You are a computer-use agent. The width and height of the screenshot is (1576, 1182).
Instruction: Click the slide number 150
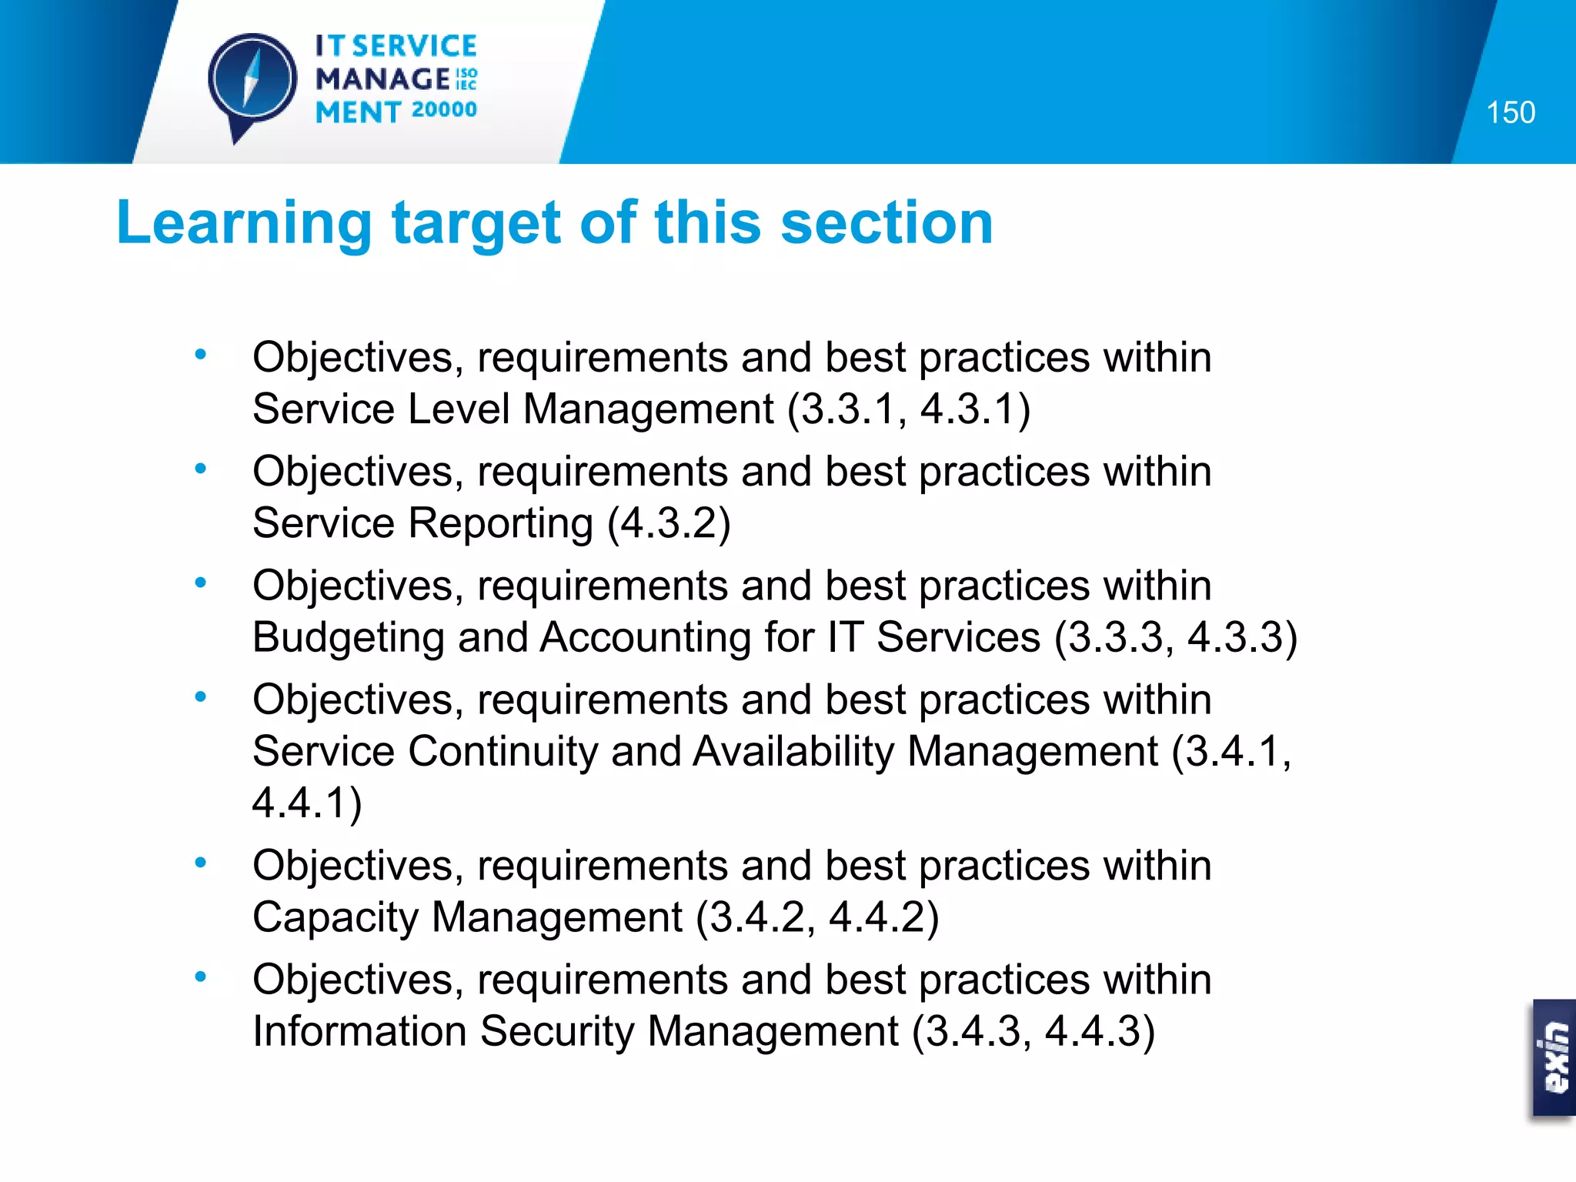(1510, 113)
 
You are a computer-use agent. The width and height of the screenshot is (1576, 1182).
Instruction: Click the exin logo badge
(1554, 1057)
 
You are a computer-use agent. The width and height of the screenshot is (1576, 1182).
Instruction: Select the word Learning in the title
(244, 223)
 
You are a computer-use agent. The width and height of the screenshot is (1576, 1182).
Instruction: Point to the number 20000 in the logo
(444, 110)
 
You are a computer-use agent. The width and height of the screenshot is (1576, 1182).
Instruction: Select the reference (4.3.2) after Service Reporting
(669, 523)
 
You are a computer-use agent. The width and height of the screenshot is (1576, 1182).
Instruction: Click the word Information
(359, 1031)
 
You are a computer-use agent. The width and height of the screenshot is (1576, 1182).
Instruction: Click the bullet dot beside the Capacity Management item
(201, 863)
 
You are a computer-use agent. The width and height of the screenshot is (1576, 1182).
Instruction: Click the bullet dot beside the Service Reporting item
(201, 468)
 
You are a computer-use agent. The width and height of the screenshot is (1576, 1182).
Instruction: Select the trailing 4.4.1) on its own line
(306, 803)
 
